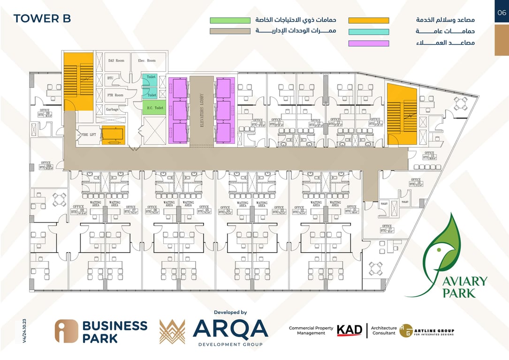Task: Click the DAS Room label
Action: [x=116, y=60]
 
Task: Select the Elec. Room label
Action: [x=147, y=60]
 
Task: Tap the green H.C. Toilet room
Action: [x=154, y=108]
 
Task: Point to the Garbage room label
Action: [x=112, y=109]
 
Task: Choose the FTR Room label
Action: [x=114, y=95]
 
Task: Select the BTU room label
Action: [x=110, y=78]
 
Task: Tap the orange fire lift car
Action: [x=113, y=135]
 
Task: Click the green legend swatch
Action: [x=230, y=21]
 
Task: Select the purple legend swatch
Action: [x=369, y=44]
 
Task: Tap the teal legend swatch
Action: [x=369, y=32]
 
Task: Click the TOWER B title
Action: [x=42, y=19]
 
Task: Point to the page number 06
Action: [x=501, y=13]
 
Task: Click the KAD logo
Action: [x=349, y=330]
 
